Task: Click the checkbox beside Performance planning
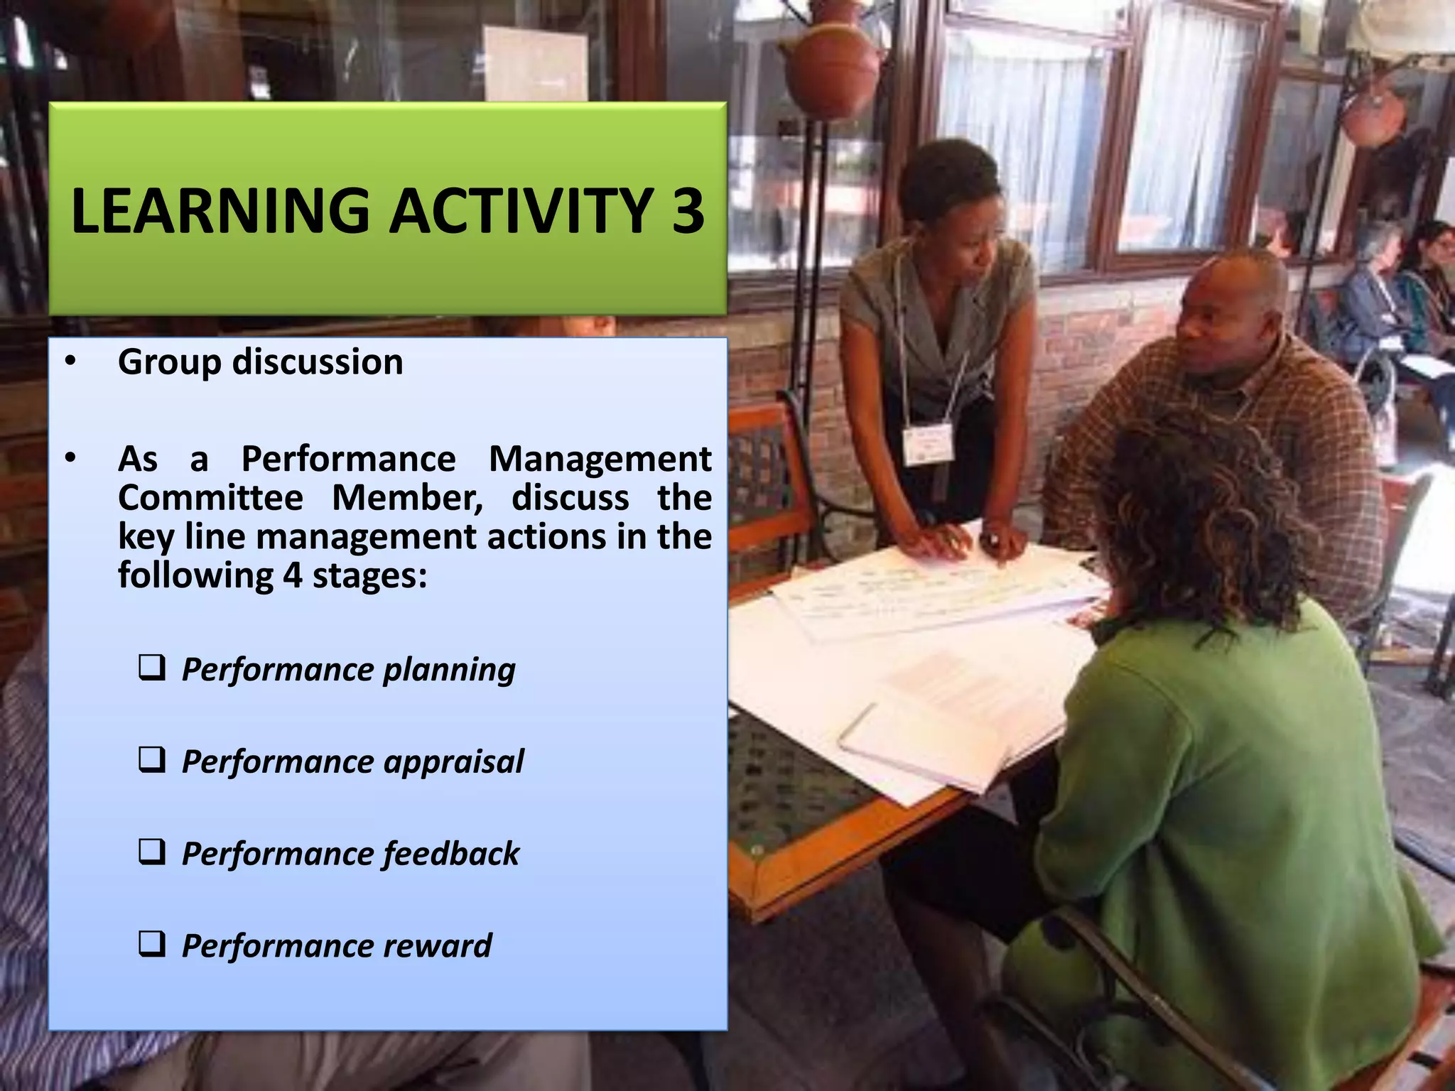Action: [152, 668]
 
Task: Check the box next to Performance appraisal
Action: [152, 760]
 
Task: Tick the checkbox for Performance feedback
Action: [152, 852]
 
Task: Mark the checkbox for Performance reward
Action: [152, 944]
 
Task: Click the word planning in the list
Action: [449, 670]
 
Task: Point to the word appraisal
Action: [454, 762]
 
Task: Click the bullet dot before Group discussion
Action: [70, 362]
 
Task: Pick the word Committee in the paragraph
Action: [211, 497]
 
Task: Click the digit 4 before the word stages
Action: [293, 575]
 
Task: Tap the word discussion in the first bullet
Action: [318, 362]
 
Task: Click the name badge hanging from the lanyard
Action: [927, 444]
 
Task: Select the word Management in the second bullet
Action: [600, 459]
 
